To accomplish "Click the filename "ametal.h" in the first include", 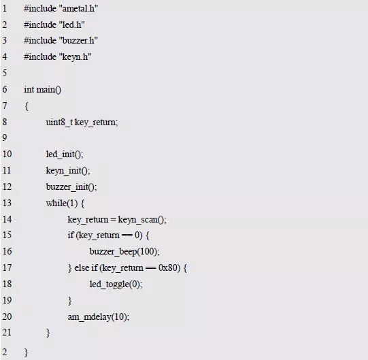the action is pos(79,9).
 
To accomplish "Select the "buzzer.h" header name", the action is pos(78,41).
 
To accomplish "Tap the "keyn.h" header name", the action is pos(75,57).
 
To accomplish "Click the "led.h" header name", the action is pos(72,24).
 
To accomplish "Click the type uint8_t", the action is pos(59,122).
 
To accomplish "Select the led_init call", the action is pos(65,154).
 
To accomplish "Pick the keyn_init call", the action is pos(68,171).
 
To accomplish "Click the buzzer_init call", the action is pos(71,187).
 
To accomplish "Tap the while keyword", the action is pos(56,203).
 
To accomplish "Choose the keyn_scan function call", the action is pos(142,220).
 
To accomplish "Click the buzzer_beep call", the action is pos(124,252).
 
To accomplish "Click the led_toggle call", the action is pos(116,284).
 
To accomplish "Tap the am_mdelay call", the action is pos(99,317).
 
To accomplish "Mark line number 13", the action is pos(7,203).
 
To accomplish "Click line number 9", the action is pos(5,137).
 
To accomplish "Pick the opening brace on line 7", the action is pos(27,106).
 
